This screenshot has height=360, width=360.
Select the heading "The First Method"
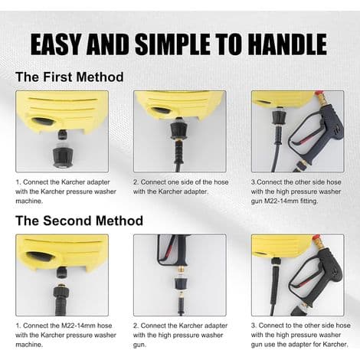point(70,77)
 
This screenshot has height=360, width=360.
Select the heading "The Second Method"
point(79,221)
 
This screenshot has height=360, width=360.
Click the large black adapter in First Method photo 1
point(63,156)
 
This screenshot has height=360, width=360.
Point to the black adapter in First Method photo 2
point(179,131)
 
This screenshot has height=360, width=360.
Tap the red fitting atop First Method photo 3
point(318,95)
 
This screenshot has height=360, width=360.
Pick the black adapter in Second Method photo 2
point(181,285)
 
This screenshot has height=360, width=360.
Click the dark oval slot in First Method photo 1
point(44,121)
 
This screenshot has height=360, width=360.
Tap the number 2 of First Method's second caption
point(136,182)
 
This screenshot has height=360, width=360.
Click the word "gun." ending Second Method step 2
point(140,345)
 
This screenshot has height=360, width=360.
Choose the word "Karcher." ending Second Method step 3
point(335,344)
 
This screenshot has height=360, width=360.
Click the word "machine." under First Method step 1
point(29,201)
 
